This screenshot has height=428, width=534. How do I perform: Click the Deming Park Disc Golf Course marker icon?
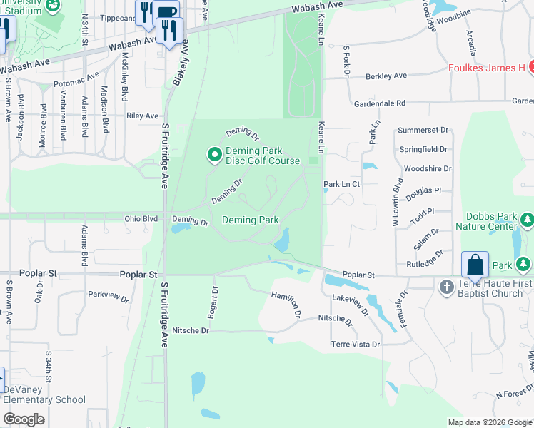[213, 154]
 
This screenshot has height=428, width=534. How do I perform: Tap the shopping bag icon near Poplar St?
[475, 265]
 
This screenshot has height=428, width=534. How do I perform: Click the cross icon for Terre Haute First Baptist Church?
[446, 287]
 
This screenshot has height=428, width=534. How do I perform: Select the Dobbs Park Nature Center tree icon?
[527, 220]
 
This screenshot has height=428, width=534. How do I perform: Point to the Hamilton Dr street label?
[286, 304]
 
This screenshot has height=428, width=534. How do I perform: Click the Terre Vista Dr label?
[356, 344]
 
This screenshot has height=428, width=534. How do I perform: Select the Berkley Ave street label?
[386, 76]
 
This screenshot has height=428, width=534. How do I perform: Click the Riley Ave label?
[142, 116]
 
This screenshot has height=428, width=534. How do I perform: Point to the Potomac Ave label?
[77, 79]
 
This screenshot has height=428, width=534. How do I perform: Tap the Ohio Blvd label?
[140, 219]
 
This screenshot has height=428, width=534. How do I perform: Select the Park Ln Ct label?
[341, 183]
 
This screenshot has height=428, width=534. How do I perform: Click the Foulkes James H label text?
[487, 68]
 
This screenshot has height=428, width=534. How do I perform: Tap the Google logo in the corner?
[24, 419]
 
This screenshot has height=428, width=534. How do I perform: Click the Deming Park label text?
[250, 220]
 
